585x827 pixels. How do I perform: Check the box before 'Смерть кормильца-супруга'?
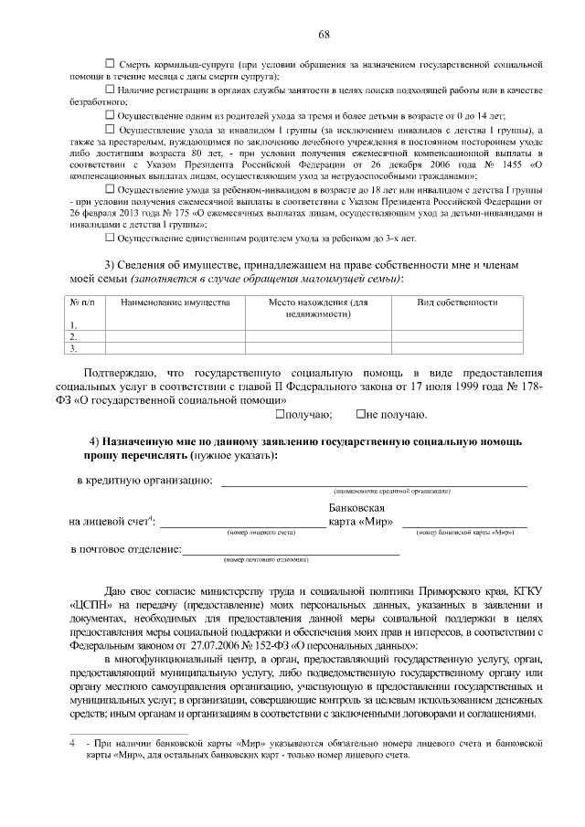click(111, 63)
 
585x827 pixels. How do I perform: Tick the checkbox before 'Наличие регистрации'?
click(111, 90)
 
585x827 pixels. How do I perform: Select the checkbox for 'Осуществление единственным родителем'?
click(111, 238)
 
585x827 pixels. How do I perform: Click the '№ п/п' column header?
click(82, 302)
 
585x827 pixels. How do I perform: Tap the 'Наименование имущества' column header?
click(175, 302)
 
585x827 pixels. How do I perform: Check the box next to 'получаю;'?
click(281, 415)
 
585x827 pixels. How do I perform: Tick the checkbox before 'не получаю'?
click(361, 415)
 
